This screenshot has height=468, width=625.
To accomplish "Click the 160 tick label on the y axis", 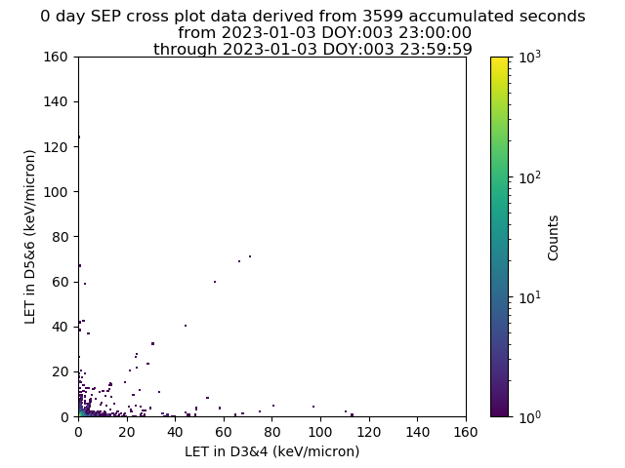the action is [56, 57].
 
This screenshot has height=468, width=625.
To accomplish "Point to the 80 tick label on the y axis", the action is [60, 237].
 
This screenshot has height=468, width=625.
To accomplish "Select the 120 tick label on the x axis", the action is [369, 432].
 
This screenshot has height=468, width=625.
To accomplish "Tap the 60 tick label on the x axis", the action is [224, 432].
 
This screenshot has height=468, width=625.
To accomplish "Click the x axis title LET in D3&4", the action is [271, 451].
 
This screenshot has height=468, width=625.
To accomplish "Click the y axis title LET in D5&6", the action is [30, 237].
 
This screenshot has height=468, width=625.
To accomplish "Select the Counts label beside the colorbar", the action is [553, 238].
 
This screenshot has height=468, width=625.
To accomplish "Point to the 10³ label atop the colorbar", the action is [530, 57].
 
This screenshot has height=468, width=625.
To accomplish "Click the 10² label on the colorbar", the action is [530, 177].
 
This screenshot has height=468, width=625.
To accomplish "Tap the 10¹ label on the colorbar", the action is [530, 296].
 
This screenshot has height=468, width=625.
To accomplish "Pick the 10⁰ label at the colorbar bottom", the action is [530, 416].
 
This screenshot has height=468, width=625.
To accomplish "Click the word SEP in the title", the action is [103, 17].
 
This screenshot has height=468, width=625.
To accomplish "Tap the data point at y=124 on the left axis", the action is [79, 136].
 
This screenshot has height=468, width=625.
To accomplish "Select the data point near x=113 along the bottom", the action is [352, 414].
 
